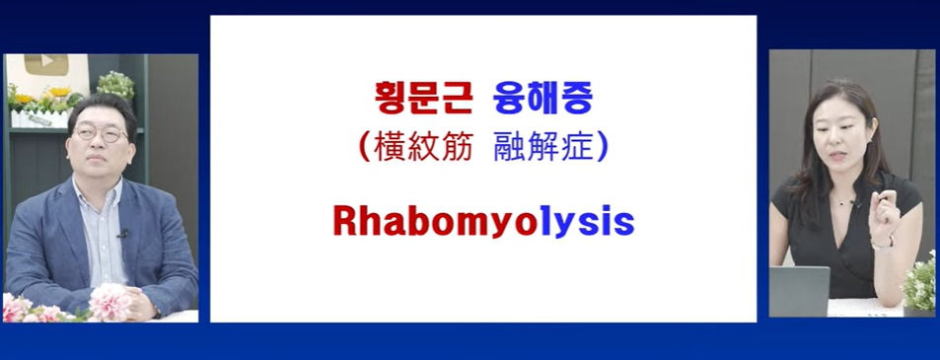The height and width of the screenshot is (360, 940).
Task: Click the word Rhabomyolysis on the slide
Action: pyautogui.click(x=483, y=222)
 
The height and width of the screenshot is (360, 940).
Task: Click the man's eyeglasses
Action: pyautogui.click(x=101, y=133)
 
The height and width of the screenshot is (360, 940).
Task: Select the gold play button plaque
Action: pyautogui.click(x=46, y=65)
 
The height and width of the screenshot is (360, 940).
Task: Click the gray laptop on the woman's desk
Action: pyautogui.click(x=799, y=291)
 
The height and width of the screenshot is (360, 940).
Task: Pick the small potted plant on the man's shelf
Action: pyautogui.click(x=115, y=87)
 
